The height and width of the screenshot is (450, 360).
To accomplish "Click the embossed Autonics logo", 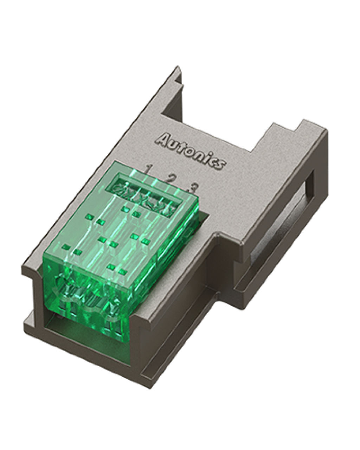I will coord(190,151).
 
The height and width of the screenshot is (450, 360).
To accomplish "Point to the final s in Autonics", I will coord(221,165).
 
